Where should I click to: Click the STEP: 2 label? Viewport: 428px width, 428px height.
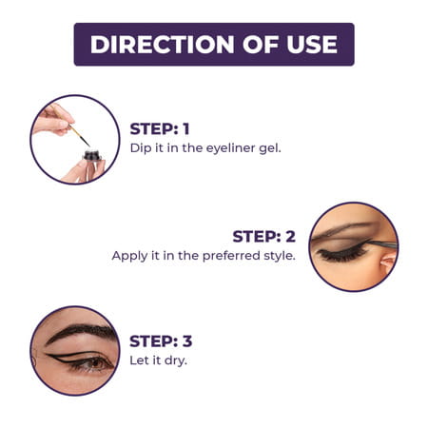tap(264, 236)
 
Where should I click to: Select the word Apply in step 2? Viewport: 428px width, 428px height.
tap(129, 255)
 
